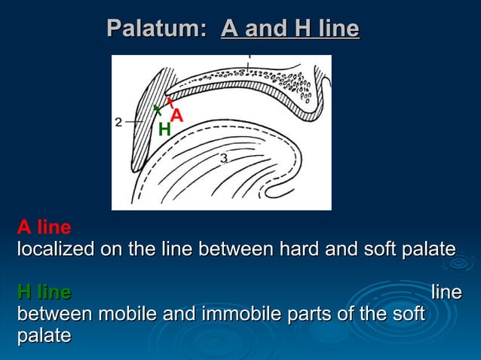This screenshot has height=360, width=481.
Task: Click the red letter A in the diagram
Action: (176, 115)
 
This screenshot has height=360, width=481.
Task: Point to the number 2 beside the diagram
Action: (118, 121)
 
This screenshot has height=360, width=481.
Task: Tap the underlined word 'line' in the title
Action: (339, 29)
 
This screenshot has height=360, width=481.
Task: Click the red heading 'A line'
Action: (44, 227)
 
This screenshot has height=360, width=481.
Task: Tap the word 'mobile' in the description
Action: (121, 313)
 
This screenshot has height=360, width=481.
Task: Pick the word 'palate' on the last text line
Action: (44, 335)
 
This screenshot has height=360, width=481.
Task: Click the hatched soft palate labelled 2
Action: (148, 121)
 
